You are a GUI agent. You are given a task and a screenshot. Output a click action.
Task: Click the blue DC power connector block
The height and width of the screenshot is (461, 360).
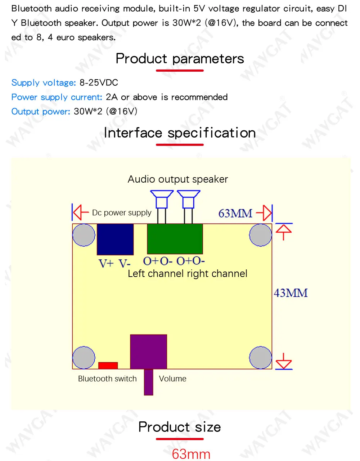click(x=115, y=240)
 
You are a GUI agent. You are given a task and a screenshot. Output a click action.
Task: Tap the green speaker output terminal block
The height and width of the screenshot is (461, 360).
click(x=175, y=239)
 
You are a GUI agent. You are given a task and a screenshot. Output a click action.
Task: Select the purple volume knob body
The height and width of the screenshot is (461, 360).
click(x=148, y=352)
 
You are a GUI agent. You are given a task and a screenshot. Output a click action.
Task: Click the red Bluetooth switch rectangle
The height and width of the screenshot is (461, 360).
click(x=108, y=366)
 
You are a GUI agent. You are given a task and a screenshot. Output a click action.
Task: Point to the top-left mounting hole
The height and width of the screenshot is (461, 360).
click(x=84, y=235)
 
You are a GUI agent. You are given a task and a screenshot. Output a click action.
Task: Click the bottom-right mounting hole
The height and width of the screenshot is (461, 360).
click(x=260, y=358)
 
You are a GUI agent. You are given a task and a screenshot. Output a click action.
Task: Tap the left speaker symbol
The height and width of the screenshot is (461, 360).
click(x=162, y=200)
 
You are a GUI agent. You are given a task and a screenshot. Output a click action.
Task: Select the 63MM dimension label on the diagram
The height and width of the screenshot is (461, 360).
click(x=235, y=213)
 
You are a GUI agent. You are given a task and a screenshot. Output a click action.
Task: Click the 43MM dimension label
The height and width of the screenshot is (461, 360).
click(x=291, y=293)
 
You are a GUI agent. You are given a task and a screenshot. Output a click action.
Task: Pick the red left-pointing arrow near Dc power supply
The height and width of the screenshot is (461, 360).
click(x=81, y=212)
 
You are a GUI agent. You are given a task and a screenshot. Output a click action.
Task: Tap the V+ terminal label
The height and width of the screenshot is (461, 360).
click(x=106, y=264)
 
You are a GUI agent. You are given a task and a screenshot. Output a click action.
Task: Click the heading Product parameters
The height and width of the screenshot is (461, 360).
click(x=180, y=59)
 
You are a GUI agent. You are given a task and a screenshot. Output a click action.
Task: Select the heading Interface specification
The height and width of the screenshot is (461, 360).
click(x=180, y=133)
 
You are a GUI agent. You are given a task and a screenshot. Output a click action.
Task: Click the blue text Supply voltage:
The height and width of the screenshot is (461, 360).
click(x=44, y=83)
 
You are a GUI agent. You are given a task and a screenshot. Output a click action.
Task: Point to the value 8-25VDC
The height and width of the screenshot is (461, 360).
click(x=99, y=83)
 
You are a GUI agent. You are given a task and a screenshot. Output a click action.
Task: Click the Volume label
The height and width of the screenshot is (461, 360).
click(x=173, y=379)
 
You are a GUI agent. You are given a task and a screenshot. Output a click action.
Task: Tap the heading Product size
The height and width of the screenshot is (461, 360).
click(x=180, y=427)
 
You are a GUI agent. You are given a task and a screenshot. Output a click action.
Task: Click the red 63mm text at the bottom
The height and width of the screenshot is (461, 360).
click(x=191, y=454)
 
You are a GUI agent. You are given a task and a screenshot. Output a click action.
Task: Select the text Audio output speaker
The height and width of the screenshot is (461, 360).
click(x=178, y=179)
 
